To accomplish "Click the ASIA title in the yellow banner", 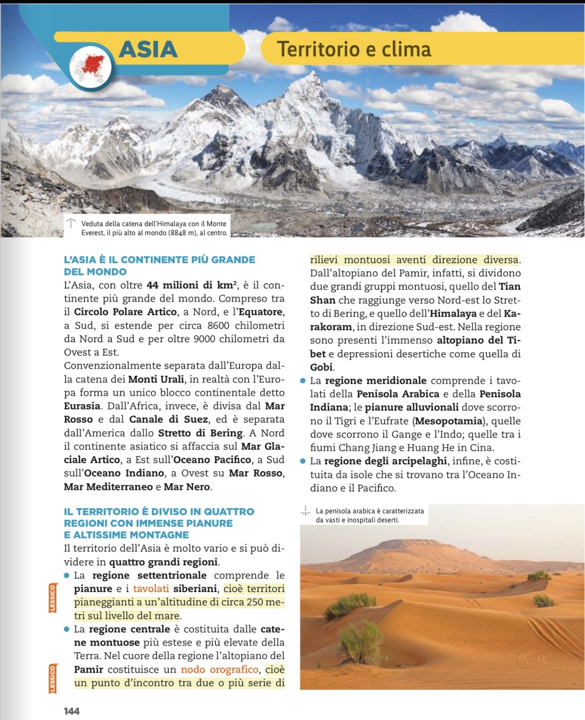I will (x=148, y=49).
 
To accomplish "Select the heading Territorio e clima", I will (x=354, y=49).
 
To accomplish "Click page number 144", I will (x=71, y=711).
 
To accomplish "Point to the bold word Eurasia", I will (x=82, y=406).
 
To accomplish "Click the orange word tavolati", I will (x=151, y=589).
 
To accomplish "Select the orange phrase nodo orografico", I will (x=219, y=669).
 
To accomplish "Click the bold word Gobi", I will (x=321, y=367).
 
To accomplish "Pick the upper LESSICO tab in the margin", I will (x=52, y=598).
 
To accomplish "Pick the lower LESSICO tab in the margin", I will (x=52, y=679).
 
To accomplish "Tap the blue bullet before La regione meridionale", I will (x=302, y=381).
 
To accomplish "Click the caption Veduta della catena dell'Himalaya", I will (x=153, y=228).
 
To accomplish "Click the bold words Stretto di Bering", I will (x=200, y=433).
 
